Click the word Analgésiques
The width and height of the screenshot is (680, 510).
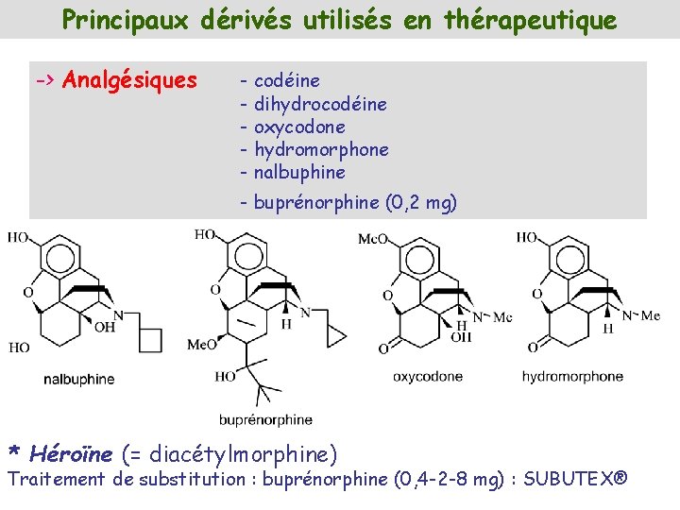click(129, 80)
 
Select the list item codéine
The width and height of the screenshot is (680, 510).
click(287, 80)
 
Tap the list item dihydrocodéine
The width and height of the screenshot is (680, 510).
click(320, 104)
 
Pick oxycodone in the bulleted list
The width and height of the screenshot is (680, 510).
click(299, 127)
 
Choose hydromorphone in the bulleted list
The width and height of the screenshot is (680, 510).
click(321, 149)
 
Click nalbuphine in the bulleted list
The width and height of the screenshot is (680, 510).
click(299, 172)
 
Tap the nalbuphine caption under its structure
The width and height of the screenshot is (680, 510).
click(79, 379)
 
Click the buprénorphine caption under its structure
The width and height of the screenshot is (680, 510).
click(265, 419)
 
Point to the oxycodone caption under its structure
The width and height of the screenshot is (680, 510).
click(428, 376)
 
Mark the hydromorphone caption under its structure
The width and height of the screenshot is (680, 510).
click(572, 376)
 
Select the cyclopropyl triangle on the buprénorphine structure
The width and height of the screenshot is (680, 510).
click(338, 336)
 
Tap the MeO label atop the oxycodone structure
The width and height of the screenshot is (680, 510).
click(374, 239)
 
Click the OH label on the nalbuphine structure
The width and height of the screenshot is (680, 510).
click(105, 327)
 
